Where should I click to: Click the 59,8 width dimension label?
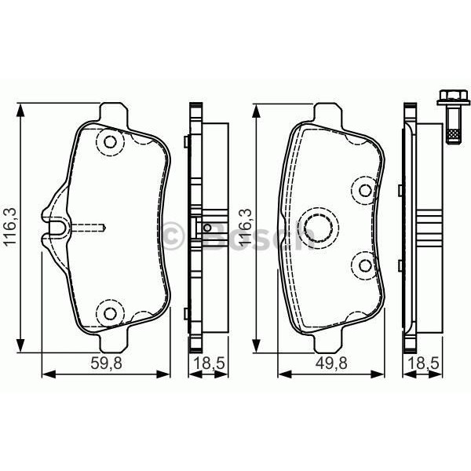click(104, 363)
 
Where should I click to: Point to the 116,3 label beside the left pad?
click(9, 228)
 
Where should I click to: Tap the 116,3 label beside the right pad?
click(244, 228)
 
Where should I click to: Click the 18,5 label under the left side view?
click(206, 363)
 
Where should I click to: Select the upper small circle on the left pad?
click(110, 143)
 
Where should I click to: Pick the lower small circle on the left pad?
click(110, 313)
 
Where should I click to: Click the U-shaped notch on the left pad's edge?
click(57, 228)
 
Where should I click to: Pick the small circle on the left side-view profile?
click(207, 228)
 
